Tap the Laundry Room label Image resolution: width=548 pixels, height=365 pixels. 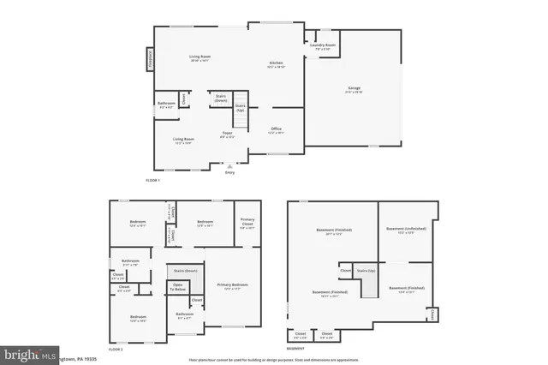tap(323, 46)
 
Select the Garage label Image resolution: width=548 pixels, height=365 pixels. tap(354, 89)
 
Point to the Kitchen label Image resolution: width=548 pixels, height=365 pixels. tap(277, 64)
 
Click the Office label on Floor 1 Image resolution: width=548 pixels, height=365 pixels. tap(276, 130)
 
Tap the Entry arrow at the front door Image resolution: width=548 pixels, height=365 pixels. tap(229, 166)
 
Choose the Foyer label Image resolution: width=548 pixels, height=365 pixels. tap(228, 135)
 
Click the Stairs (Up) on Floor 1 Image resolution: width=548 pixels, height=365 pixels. tap(241, 109)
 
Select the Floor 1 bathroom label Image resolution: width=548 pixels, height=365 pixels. tap(165, 105)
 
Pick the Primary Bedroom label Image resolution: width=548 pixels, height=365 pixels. tap(231, 285)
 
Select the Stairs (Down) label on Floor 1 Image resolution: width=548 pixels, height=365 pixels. tap(221, 99)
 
